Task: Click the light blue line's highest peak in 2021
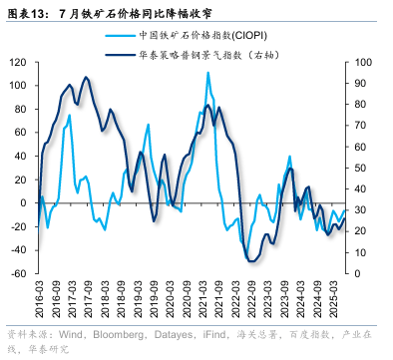(207, 73)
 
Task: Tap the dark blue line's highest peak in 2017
(85, 77)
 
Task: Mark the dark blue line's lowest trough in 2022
(251, 260)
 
